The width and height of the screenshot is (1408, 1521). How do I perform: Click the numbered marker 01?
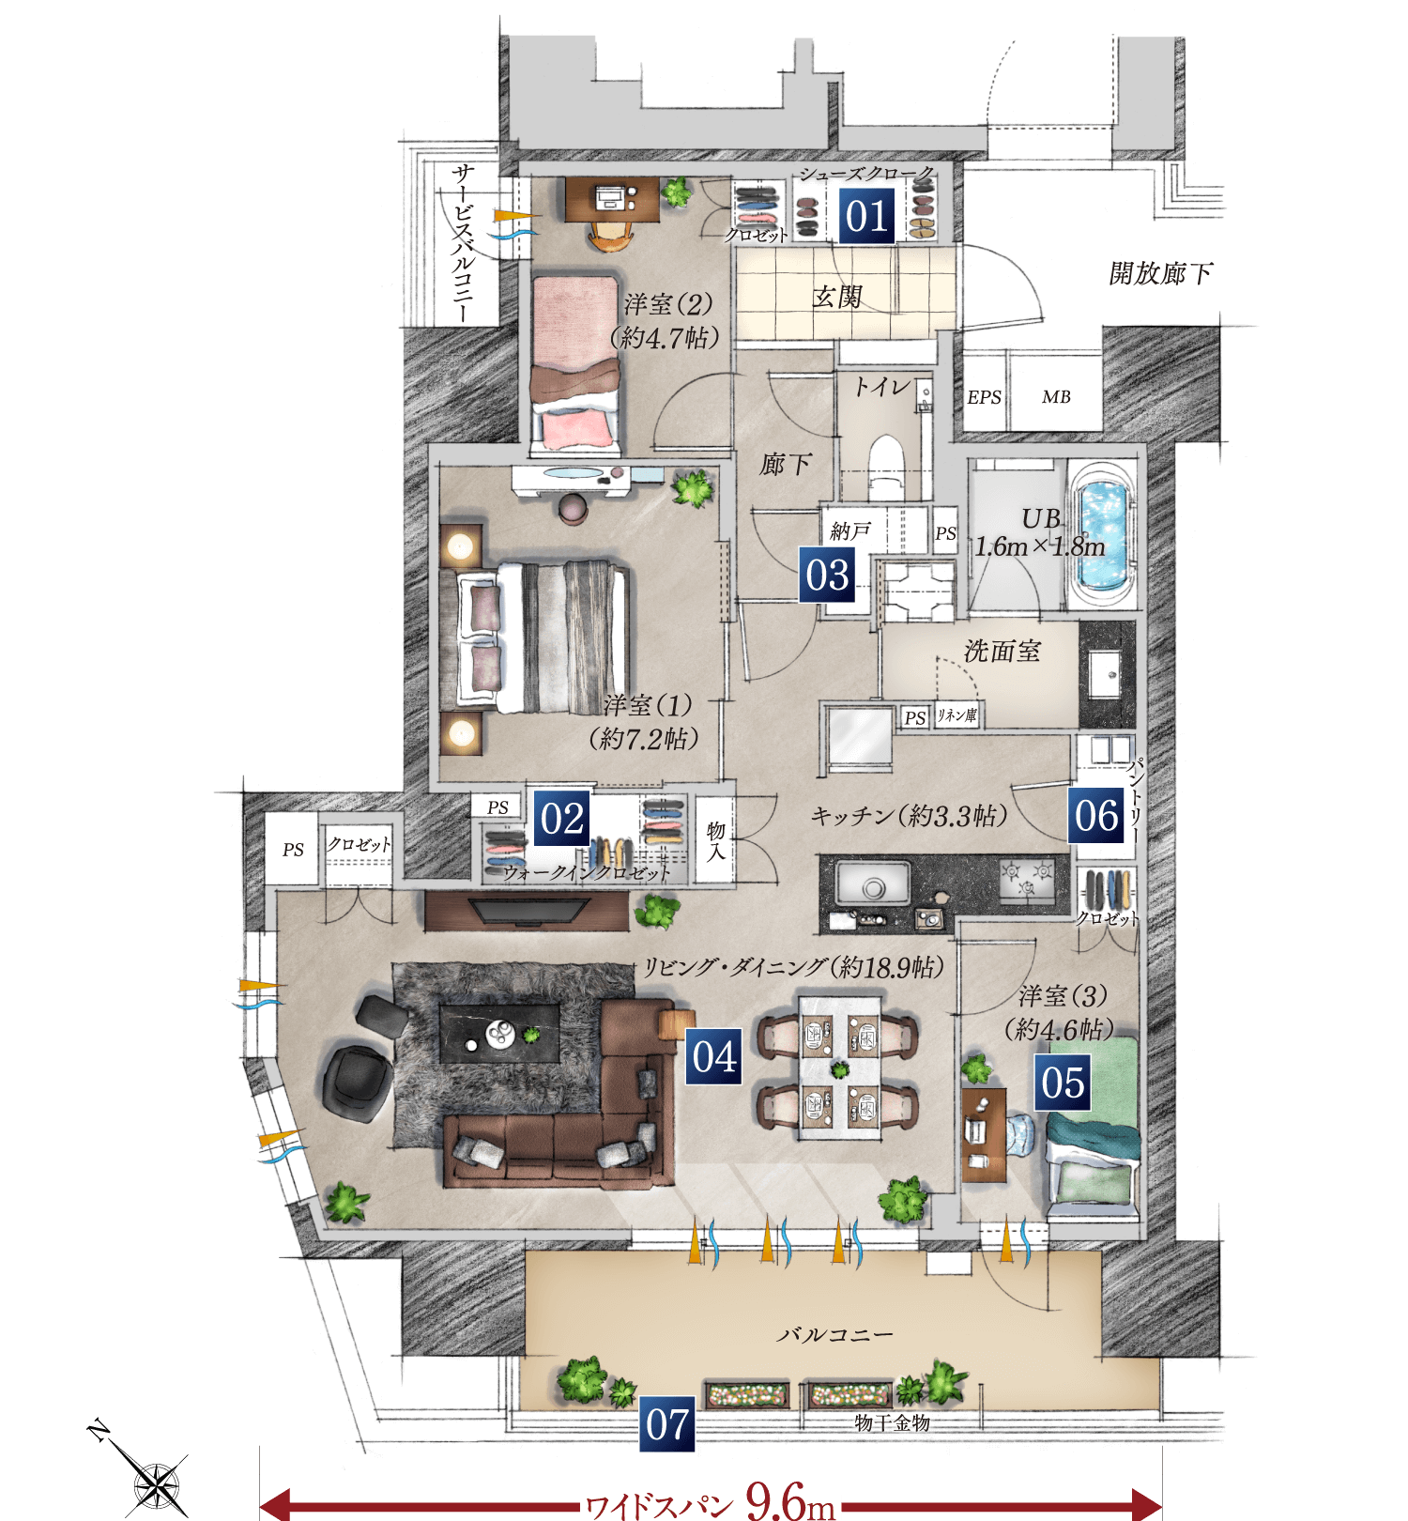[x=866, y=217]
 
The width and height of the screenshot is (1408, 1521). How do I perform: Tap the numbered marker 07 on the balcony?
[x=667, y=1424]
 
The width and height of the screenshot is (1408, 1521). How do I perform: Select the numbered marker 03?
[x=827, y=575]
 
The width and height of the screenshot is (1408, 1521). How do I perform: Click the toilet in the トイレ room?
[x=885, y=465]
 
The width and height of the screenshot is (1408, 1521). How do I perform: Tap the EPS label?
[x=984, y=397]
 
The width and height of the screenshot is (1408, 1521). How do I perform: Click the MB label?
[x=1056, y=397]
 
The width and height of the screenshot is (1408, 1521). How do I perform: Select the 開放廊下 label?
[x=1160, y=273]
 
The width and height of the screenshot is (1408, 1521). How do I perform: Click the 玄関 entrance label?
[x=836, y=297]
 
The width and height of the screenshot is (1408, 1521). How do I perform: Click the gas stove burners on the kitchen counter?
[x=1026, y=881]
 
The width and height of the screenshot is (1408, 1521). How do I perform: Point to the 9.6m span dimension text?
[x=790, y=1501]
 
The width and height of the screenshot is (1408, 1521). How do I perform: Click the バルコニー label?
[x=834, y=1334]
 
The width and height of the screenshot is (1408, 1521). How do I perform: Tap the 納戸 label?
[x=850, y=531]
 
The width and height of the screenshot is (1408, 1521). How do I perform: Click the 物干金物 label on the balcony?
[x=892, y=1423]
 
